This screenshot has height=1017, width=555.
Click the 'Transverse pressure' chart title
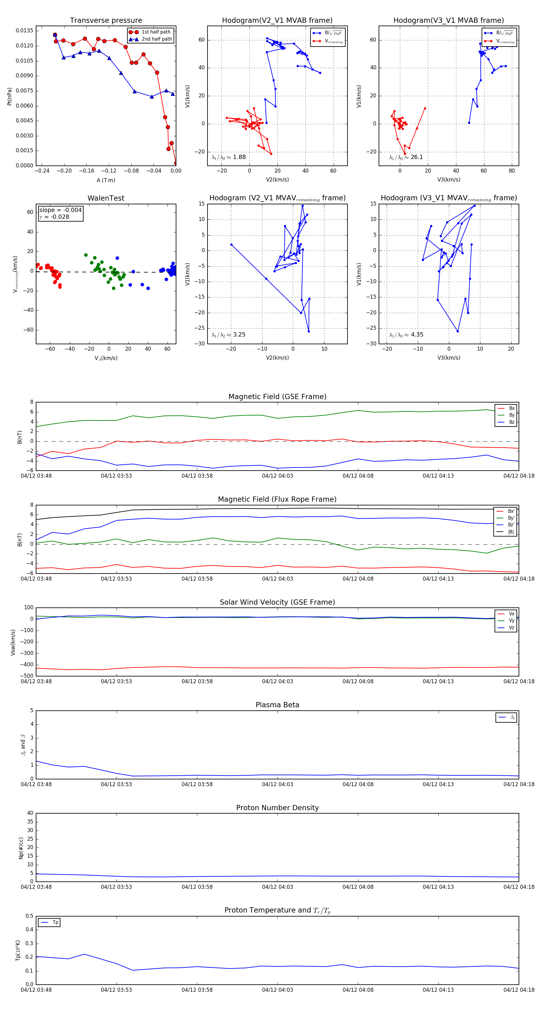click(x=106, y=21)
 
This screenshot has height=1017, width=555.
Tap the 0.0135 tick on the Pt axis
click(x=24, y=31)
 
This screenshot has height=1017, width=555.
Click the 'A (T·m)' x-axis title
click(x=106, y=180)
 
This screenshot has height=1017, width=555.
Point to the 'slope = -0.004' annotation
click(x=60, y=210)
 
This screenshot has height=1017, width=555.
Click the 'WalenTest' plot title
click(x=106, y=198)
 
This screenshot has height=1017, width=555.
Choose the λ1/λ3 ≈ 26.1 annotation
click(x=406, y=157)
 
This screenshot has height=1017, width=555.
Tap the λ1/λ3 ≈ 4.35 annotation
click(x=406, y=335)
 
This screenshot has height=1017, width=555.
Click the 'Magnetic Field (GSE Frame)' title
click(x=277, y=397)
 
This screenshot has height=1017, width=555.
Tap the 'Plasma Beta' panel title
click(x=277, y=705)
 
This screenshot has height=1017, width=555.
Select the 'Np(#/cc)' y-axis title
click(x=21, y=848)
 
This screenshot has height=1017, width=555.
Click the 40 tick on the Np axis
click(x=30, y=813)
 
